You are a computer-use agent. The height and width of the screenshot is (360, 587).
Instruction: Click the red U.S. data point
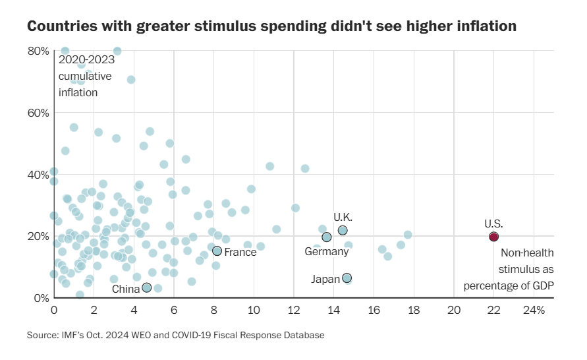pos(493,237)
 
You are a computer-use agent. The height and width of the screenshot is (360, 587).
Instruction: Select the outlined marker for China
pos(147,287)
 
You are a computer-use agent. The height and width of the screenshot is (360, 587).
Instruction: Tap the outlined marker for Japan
pos(347,278)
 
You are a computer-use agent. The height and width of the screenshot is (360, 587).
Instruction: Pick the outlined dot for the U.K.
pos(343,230)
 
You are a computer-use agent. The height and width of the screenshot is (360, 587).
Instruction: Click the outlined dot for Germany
pos(327,237)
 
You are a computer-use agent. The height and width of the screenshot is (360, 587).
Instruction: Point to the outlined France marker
pos(217,251)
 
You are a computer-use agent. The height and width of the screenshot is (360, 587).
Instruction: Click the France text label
pos(240,253)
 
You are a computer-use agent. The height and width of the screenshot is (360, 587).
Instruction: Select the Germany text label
pos(326,252)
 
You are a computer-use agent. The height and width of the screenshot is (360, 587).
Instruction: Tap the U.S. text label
pos(493,224)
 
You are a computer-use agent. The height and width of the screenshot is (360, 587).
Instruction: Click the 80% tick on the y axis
pos(38,51)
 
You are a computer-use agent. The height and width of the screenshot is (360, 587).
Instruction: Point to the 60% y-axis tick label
pos(38,113)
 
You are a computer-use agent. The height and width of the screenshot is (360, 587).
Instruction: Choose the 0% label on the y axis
pos(40,298)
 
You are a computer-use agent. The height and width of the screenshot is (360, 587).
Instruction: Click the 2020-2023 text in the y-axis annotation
pos(86,59)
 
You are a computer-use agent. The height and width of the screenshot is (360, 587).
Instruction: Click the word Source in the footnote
pos(42,336)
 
